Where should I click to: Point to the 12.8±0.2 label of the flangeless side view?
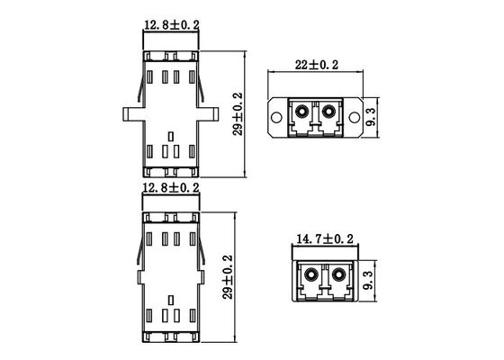(171, 187)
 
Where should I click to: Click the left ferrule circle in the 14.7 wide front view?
(309, 274)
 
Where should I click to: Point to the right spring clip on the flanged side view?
(203, 85)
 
